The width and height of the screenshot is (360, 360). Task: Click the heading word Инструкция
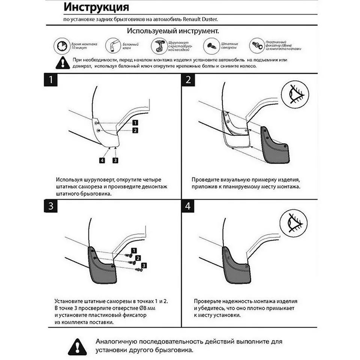96,7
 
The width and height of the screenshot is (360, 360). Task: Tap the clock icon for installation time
61,46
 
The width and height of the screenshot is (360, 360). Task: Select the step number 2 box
188,80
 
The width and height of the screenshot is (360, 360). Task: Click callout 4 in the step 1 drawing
102,160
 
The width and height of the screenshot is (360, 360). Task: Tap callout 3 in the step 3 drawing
144,265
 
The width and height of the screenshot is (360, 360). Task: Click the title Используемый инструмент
173,30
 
